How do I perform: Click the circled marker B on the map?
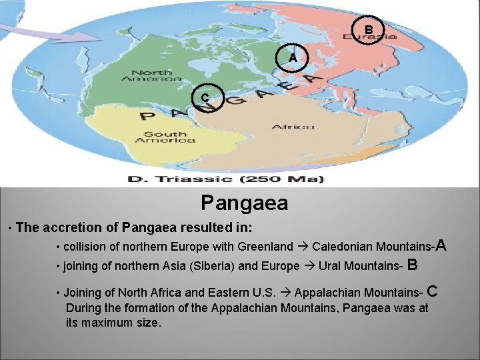pos(368,29)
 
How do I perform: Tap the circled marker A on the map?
pos(293,57)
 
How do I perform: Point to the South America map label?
pos(165,137)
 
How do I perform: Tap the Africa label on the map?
pos(293,126)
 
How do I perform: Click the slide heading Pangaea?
pos(244,202)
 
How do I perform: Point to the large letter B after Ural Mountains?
pos(412,265)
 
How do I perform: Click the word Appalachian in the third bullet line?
pos(325,293)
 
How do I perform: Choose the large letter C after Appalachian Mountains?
pos(432,291)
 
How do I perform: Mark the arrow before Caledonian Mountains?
pos(303,247)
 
